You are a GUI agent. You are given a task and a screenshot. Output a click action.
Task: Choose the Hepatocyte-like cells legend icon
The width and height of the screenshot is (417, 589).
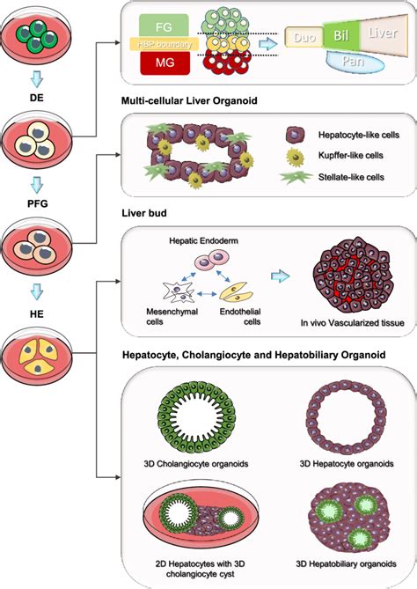297,134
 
